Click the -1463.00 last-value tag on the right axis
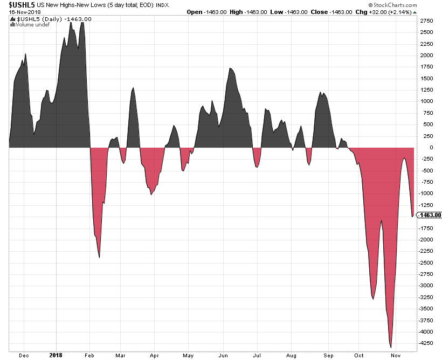coord(430,215)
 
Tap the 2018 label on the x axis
coord(56,356)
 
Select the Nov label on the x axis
coord(395,356)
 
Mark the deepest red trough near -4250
coord(390,347)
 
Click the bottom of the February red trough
coord(100,257)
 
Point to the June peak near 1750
coord(231,68)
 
